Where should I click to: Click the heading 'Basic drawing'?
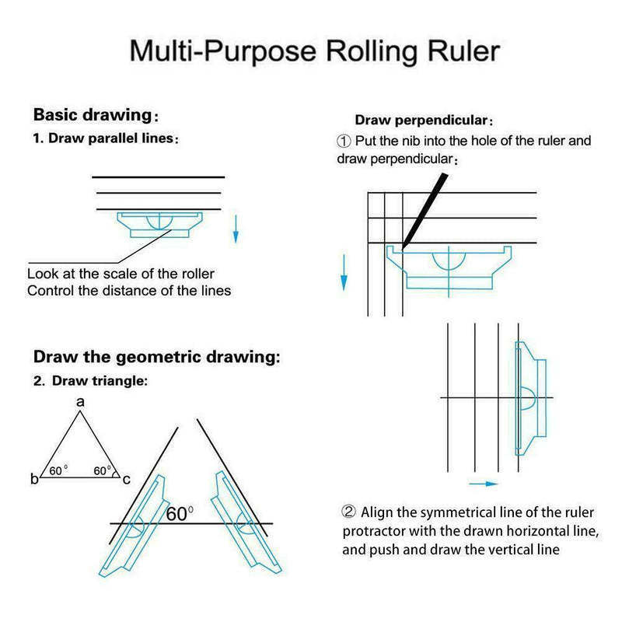(x=91, y=115)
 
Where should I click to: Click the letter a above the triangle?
(x=79, y=402)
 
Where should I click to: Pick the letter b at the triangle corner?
(x=34, y=479)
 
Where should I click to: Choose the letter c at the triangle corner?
(x=126, y=479)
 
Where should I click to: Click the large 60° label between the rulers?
(x=180, y=513)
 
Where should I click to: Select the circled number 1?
(x=344, y=142)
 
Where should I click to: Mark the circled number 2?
(x=349, y=512)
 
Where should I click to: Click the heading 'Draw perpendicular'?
(x=421, y=121)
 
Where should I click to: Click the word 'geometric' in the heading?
(x=149, y=358)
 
